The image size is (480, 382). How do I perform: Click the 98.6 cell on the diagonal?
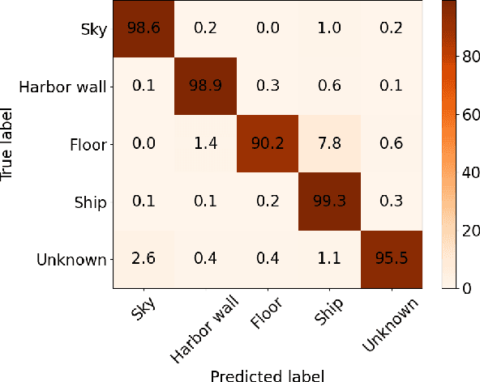[x=143, y=29]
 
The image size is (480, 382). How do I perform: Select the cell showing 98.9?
[x=205, y=87]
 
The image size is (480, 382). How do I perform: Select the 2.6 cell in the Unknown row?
[x=143, y=260]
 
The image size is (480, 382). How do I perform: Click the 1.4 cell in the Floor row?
[x=205, y=144]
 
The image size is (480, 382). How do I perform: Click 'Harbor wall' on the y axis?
[x=66, y=87]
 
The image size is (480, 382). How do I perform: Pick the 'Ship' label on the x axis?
[x=328, y=312]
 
